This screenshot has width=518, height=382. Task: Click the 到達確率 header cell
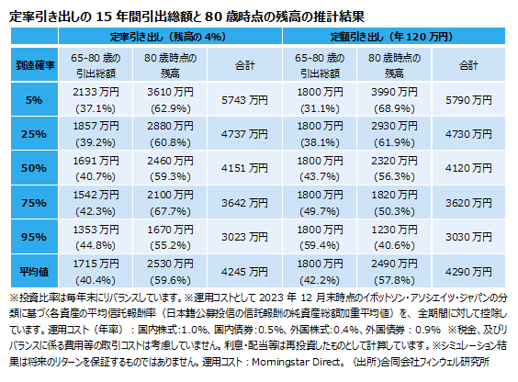tap(34, 64)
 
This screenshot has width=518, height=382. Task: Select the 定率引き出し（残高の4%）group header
tap(170, 36)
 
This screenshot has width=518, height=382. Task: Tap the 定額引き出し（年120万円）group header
tap(394, 36)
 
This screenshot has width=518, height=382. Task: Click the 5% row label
tap(34, 99)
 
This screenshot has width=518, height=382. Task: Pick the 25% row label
tap(34, 133)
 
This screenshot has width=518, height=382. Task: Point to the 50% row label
tap(34, 168)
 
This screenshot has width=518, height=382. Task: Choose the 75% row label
tap(34, 202)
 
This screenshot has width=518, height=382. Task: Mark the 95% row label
tap(34, 236)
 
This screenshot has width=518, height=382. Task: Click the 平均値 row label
tap(34, 271)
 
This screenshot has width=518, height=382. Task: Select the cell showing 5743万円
tap(244, 99)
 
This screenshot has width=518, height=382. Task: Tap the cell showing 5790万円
tap(468, 99)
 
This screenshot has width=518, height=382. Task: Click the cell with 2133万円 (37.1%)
tap(96, 99)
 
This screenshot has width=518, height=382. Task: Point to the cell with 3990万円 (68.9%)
tap(394, 99)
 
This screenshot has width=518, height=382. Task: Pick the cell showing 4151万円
tap(244, 168)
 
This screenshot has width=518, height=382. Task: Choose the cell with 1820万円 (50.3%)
tap(394, 202)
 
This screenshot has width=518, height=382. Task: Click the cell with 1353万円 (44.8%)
tap(96, 236)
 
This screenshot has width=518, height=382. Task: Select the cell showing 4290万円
tap(468, 271)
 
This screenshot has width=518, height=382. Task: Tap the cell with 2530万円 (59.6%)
tap(170, 271)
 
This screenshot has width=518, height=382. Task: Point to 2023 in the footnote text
tap(272, 298)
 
